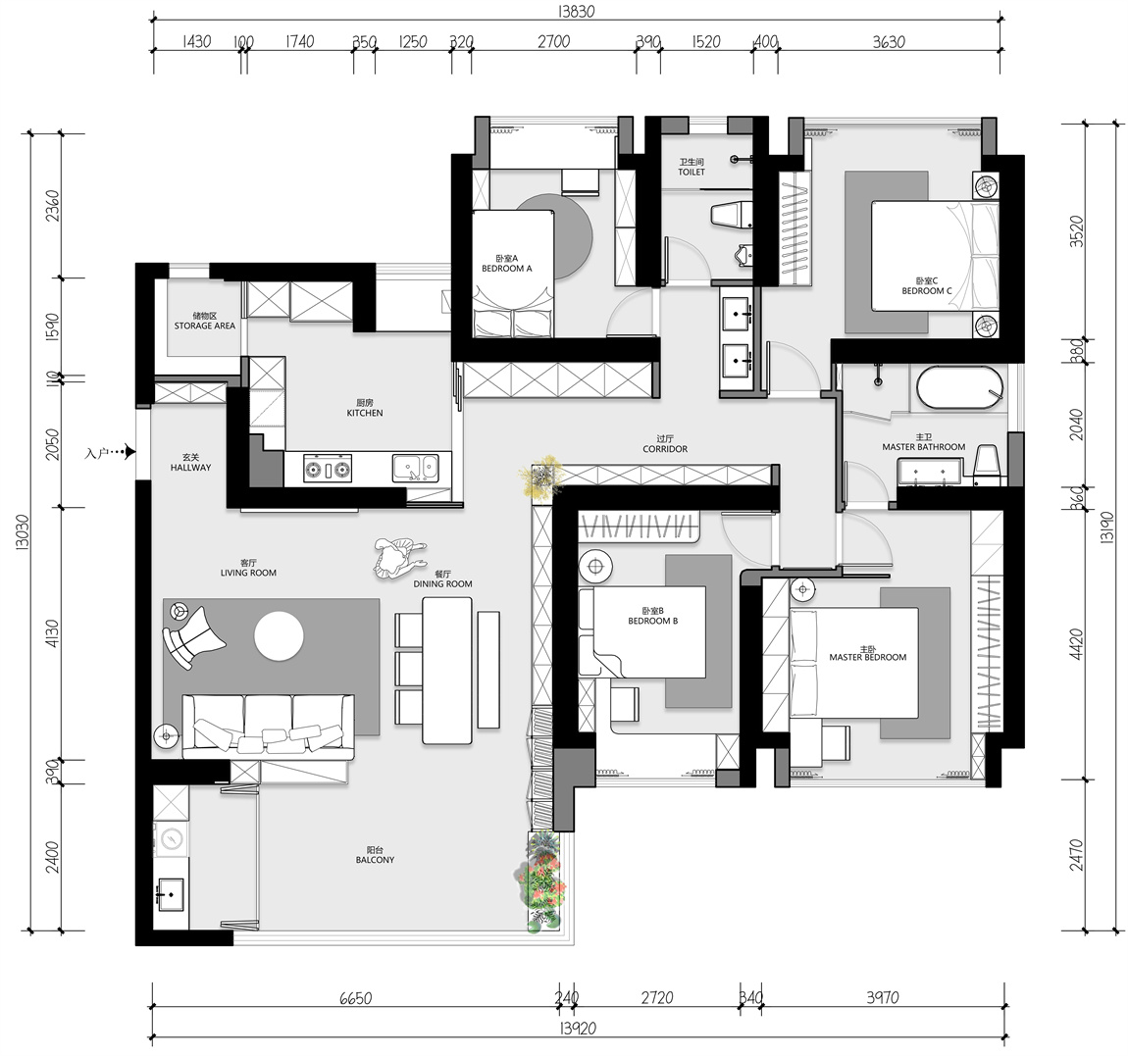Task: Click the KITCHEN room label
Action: (365, 413)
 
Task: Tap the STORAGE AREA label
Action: (204, 326)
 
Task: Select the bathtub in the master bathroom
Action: (959, 388)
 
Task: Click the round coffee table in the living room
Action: (280, 636)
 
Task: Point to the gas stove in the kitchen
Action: (328, 468)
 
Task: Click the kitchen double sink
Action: (415, 468)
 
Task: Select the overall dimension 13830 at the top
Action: (576, 12)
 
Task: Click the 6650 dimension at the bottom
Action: (355, 998)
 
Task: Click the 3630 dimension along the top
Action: (889, 42)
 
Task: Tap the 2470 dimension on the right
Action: (1076, 854)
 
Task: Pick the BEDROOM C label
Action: (927, 291)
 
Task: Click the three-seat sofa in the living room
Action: (269, 727)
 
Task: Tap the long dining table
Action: (446, 671)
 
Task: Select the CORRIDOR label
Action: (665, 449)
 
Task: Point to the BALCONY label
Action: (375, 860)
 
